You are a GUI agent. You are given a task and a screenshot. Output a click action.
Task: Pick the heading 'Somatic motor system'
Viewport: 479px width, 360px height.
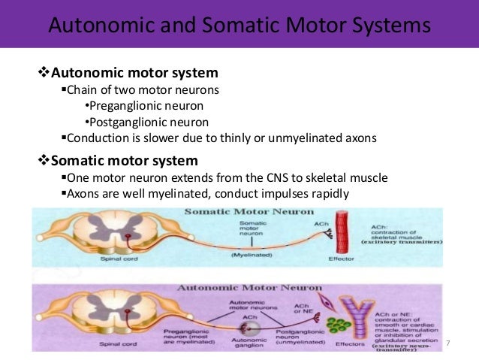(123, 161)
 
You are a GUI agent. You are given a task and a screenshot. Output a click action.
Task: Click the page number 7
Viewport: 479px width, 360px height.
(448, 343)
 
